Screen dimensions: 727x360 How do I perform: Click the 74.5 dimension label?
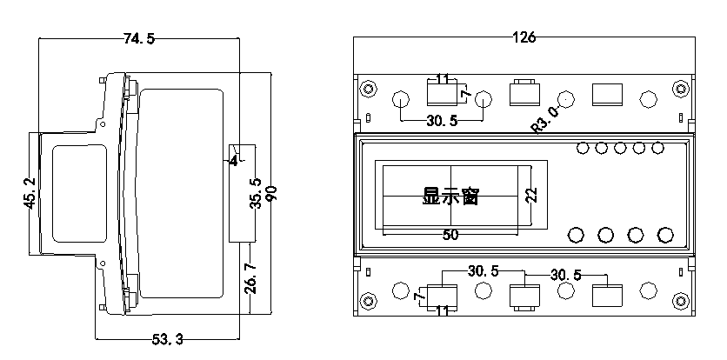[139, 39]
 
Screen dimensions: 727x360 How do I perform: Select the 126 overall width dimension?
[524, 37]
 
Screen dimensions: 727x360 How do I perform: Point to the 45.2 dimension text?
[30, 193]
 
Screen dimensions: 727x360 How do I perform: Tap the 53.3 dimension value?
[167, 340]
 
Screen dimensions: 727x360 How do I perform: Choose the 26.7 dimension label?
[250, 278]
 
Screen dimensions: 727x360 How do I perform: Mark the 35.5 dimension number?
[257, 193]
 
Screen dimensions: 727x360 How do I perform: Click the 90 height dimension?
[272, 193]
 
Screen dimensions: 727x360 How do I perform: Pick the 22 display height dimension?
[532, 195]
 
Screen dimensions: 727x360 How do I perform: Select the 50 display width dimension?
[450, 235]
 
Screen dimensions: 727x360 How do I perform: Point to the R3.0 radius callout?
[546, 120]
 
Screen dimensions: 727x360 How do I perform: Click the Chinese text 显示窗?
[450, 197]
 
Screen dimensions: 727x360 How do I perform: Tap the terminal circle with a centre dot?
[565, 99]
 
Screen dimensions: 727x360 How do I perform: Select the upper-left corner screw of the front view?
[369, 89]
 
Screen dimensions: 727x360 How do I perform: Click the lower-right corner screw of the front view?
[681, 301]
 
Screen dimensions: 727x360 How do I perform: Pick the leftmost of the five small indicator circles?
[583, 148]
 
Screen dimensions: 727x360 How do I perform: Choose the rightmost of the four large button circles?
[665, 235]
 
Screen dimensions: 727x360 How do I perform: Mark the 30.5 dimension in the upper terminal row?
[442, 121]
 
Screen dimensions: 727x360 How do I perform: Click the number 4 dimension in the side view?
[234, 162]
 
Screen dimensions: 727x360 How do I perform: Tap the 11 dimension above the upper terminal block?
[443, 79]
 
